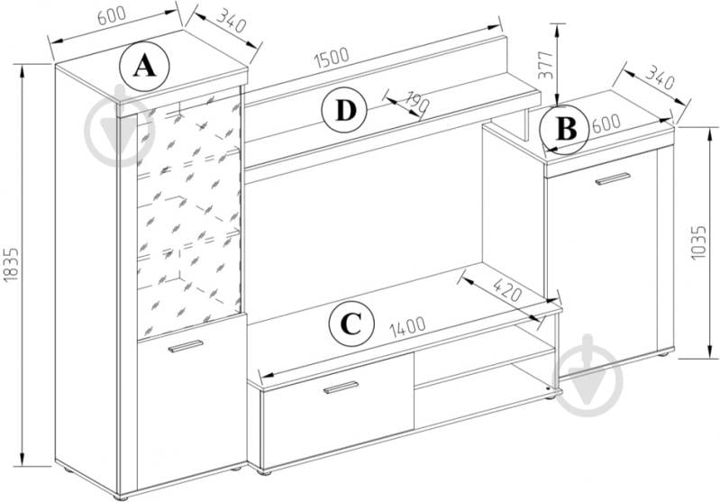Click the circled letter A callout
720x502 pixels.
[x=145, y=66]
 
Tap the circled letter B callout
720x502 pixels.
[x=565, y=129]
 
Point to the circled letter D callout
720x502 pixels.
[x=345, y=111]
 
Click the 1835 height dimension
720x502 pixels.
[x=10, y=263]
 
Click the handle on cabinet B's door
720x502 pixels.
[x=613, y=178]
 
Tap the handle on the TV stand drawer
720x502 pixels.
[x=341, y=388]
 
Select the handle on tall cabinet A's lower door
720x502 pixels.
[x=186, y=346]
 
